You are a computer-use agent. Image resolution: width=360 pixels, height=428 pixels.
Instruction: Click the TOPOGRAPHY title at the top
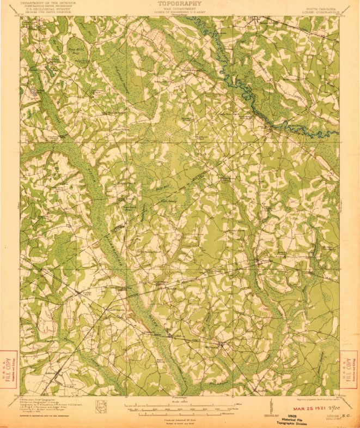click(180, 3)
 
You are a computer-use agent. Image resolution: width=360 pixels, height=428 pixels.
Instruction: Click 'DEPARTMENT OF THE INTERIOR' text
click(48, 3)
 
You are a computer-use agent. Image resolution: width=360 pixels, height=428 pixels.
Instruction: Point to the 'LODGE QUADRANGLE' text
click(321, 11)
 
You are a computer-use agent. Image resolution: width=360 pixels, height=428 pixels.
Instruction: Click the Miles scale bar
click(180, 406)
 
